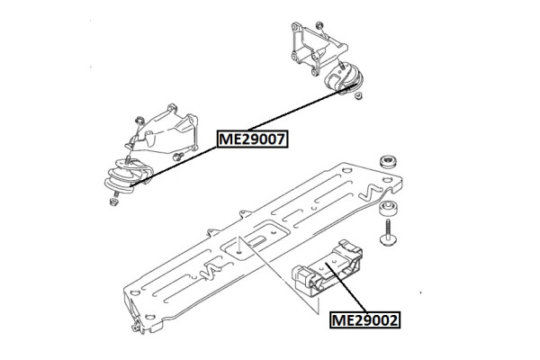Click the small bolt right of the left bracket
click(x=180, y=157)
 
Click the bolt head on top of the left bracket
click(x=141, y=117)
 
